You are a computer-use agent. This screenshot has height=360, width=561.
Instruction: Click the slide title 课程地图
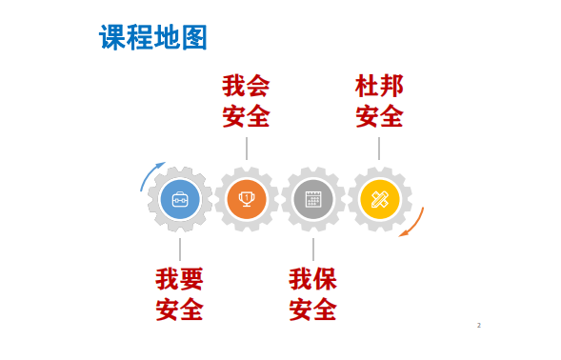click(x=152, y=38)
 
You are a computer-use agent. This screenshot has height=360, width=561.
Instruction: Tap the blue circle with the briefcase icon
click(x=180, y=199)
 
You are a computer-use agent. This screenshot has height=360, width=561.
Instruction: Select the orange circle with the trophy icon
click(x=247, y=199)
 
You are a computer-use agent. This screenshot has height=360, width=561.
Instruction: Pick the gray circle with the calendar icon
click(x=313, y=199)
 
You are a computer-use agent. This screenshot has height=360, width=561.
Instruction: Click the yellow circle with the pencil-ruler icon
click(x=379, y=199)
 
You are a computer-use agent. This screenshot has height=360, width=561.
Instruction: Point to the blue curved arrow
click(x=150, y=174)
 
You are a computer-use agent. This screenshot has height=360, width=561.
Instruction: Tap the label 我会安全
click(x=246, y=102)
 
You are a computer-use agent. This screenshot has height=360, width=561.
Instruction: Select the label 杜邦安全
click(x=379, y=102)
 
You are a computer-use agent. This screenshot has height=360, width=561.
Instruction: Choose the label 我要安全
click(x=180, y=294)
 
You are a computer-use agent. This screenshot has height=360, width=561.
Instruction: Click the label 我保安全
click(x=313, y=294)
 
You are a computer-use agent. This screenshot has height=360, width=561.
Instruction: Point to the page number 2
click(x=479, y=326)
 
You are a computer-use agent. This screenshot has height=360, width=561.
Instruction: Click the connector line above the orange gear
click(x=247, y=149)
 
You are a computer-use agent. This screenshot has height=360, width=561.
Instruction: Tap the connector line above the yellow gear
click(x=379, y=149)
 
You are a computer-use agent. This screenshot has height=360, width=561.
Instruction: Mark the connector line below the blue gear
click(x=180, y=250)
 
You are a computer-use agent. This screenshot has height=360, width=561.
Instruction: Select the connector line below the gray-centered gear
click(x=313, y=250)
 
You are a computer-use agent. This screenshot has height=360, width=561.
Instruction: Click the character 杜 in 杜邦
click(x=367, y=87)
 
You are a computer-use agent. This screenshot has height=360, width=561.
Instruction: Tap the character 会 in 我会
click(x=258, y=87)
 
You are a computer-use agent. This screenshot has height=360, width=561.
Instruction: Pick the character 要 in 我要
click(x=191, y=279)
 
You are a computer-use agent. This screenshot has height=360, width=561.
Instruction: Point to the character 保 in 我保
click(x=325, y=279)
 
